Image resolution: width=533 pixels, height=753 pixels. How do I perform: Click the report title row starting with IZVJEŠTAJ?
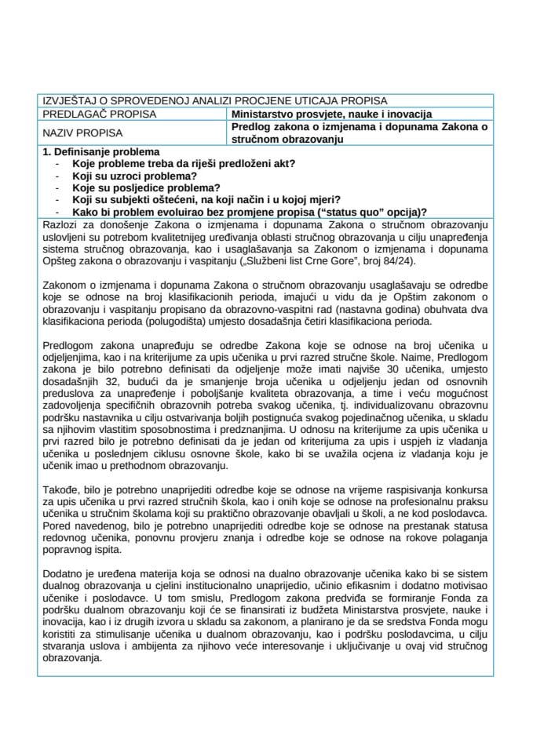(x=213, y=100)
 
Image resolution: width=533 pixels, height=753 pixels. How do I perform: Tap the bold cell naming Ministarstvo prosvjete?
(x=330, y=114)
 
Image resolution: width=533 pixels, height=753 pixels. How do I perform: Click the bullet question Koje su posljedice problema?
(x=146, y=188)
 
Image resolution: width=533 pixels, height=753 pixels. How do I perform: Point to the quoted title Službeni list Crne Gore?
(x=295, y=260)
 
